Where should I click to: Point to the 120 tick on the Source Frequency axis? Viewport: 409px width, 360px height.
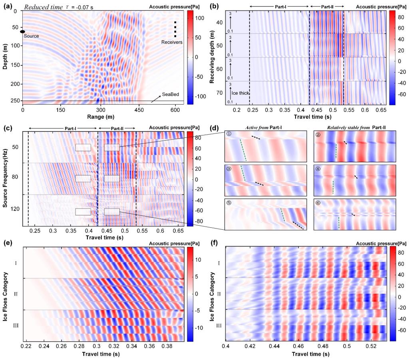point(20,209)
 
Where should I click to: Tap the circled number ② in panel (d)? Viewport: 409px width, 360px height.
point(318,135)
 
